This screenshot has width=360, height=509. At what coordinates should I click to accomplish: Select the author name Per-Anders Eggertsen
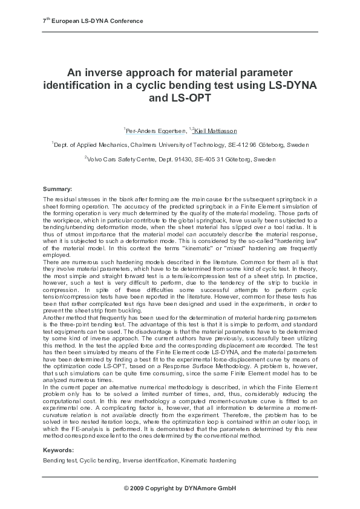(x=151, y=131)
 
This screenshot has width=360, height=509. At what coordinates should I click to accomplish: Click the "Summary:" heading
(x=57, y=189)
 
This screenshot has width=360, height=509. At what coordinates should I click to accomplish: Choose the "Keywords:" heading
(x=59, y=450)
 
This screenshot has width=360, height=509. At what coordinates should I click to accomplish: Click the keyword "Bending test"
(x=59, y=461)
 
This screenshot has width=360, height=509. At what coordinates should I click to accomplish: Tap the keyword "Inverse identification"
(x=150, y=461)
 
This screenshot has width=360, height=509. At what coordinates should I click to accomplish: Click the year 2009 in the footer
(x=137, y=487)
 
